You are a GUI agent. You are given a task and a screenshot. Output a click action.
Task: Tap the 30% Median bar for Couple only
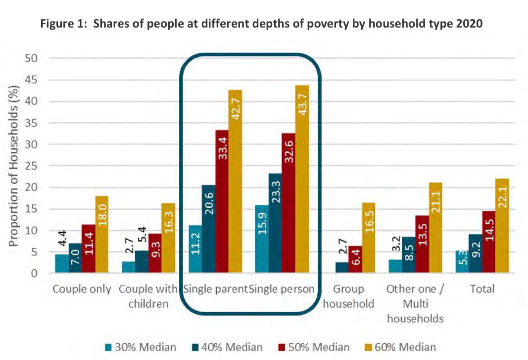tap(61, 264)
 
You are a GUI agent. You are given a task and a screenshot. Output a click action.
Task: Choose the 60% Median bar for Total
tap(502, 225)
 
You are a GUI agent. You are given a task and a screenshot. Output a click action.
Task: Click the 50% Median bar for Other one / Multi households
tap(422, 244)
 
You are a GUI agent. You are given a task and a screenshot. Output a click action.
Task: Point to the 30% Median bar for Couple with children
tap(128, 267)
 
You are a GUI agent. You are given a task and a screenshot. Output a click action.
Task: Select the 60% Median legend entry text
tap(406, 347)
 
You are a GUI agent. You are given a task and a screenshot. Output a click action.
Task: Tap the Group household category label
tap(348, 296)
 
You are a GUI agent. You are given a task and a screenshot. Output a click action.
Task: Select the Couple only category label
tap(82, 289)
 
